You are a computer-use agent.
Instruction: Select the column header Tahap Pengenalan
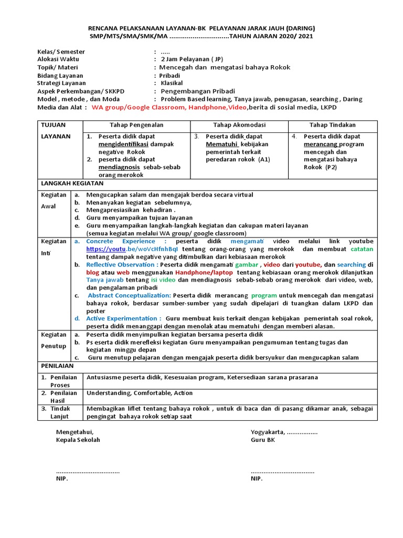point(136,125)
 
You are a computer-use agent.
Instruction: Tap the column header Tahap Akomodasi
point(239,125)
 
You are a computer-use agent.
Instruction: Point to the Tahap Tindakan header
point(332,125)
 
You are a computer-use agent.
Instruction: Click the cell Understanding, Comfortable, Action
point(139,393)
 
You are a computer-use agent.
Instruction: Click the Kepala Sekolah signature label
point(78,440)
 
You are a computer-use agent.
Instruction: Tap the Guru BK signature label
point(262,440)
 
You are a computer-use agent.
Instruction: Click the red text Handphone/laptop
point(205,273)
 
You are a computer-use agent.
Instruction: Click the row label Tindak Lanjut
point(59,412)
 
